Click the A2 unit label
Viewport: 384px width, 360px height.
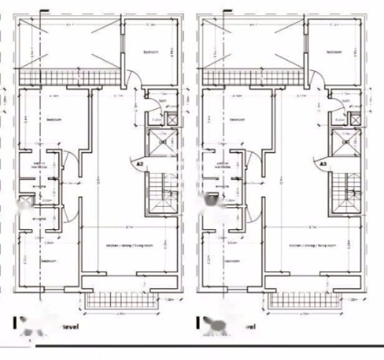(x=140, y=164)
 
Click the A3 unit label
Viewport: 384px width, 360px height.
(x=323, y=164)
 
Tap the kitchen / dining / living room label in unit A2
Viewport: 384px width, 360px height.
(x=129, y=246)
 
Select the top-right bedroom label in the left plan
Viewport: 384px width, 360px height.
(x=151, y=53)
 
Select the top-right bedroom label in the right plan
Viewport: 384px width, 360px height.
(x=334, y=53)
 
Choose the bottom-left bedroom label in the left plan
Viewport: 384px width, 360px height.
(x=49, y=261)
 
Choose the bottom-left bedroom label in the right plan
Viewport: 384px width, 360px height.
(x=232, y=261)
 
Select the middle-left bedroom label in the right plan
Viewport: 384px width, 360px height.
(x=238, y=120)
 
